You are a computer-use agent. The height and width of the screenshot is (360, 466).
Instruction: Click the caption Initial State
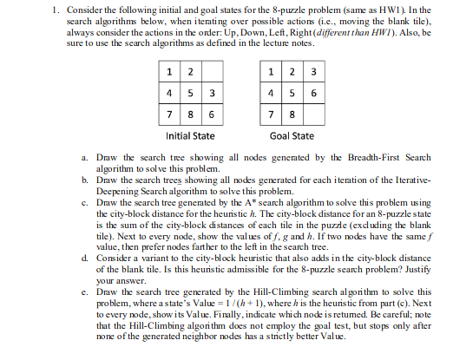(189, 136)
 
